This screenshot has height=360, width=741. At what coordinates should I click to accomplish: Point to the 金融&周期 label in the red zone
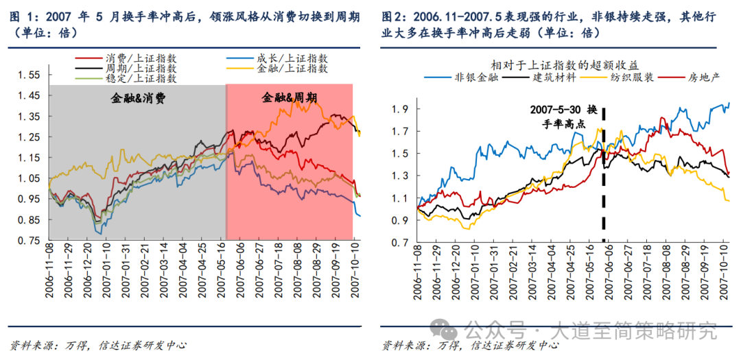[x=288, y=98]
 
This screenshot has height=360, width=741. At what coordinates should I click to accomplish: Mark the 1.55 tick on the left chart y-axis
[x=28, y=75]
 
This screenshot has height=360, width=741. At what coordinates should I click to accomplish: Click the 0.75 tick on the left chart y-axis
[x=28, y=241]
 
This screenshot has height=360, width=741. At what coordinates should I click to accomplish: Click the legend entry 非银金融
[x=471, y=77]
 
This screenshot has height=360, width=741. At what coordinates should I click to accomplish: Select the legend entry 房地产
[x=703, y=77]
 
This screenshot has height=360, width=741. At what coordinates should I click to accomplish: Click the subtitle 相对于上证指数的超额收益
[x=564, y=64]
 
